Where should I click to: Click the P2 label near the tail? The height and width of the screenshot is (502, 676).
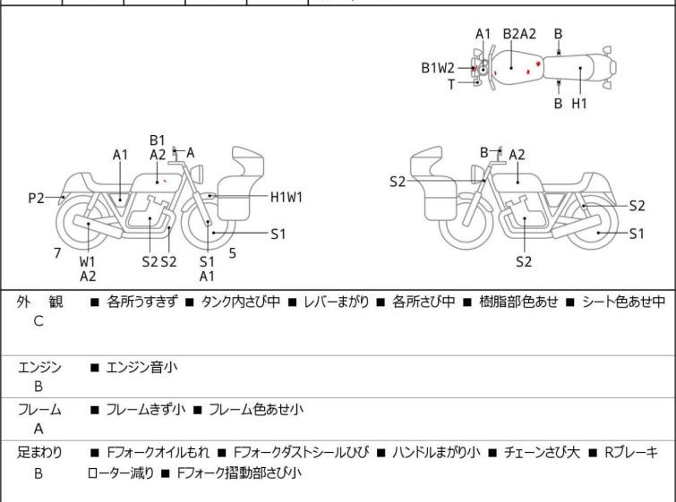(x=36, y=198)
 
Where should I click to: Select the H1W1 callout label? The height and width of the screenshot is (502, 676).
(x=287, y=197)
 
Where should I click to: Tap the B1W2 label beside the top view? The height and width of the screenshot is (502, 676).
(x=439, y=67)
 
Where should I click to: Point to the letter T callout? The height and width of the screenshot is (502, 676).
(x=451, y=84)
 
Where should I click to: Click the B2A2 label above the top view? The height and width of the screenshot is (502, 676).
(x=519, y=34)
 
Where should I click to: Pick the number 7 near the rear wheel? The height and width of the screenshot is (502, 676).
(x=57, y=253)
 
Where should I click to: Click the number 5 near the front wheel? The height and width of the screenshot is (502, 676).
(x=232, y=253)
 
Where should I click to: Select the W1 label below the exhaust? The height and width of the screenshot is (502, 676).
(x=88, y=262)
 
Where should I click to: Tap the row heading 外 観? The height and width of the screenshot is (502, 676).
(x=40, y=302)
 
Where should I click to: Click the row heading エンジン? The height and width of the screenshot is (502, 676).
(x=39, y=367)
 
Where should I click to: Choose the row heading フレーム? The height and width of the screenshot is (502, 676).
(x=39, y=410)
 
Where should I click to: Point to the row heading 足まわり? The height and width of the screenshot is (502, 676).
(x=39, y=453)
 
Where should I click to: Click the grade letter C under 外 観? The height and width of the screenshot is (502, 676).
(x=39, y=321)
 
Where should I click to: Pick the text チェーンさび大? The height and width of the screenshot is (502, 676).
(x=540, y=453)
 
